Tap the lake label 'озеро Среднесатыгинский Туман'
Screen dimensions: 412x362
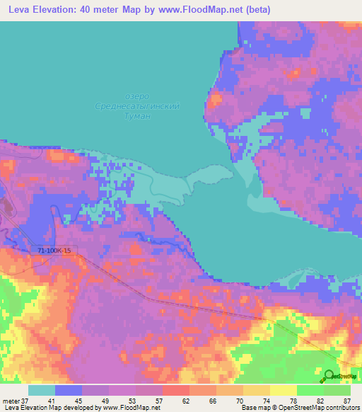click(x=136, y=106)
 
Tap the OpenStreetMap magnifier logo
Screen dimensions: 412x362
click(x=329, y=376)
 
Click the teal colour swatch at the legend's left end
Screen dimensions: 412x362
click(x=42, y=390)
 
